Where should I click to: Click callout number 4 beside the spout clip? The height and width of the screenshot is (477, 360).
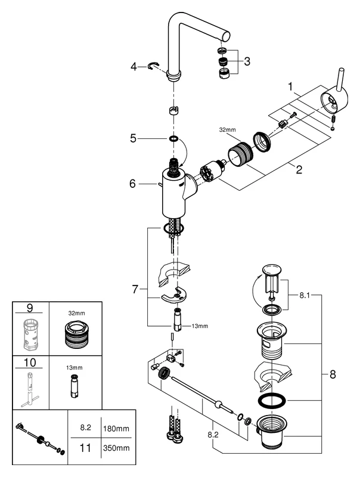pos(134,66)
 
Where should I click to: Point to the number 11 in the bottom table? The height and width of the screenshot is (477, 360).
pos(85,444)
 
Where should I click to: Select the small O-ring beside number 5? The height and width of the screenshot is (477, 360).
pos(173,138)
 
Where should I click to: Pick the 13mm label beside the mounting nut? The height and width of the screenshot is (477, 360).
pos(200,326)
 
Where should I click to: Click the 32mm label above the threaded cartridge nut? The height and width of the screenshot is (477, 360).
pos(228,129)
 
